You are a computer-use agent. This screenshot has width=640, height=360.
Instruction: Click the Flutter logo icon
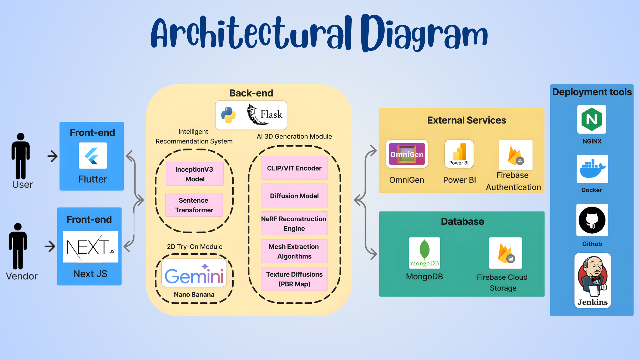click(x=93, y=156)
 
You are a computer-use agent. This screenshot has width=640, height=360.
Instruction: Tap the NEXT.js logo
click(x=91, y=247)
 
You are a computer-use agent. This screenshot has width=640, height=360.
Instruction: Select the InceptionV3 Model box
click(x=195, y=174)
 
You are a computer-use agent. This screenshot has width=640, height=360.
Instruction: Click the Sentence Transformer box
click(x=194, y=205)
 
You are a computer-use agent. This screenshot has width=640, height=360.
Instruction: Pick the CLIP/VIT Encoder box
click(x=294, y=168)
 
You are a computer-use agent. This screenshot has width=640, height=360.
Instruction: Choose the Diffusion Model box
click(x=294, y=196)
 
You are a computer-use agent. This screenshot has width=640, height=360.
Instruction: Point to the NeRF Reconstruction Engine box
click(x=294, y=223)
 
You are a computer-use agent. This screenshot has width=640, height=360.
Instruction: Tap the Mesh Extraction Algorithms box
click(x=294, y=251)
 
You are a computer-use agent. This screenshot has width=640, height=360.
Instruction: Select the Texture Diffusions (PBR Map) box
click(x=294, y=279)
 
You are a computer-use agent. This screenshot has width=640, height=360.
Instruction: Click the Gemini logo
click(x=194, y=274)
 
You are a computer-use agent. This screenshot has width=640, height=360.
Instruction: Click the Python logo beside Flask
click(x=228, y=115)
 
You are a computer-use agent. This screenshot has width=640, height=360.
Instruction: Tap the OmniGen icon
click(x=407, y=154)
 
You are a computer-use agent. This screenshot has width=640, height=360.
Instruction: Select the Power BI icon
click(x=459, y=154)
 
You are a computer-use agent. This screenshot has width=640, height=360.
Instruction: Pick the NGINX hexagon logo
click(x=592, y=119)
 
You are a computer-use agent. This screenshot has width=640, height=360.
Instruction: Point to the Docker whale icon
click(x=592, y=169)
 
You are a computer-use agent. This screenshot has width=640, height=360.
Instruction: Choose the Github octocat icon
click(x=592, y=220)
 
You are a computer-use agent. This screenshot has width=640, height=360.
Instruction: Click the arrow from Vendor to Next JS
click(x=50, y=247)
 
